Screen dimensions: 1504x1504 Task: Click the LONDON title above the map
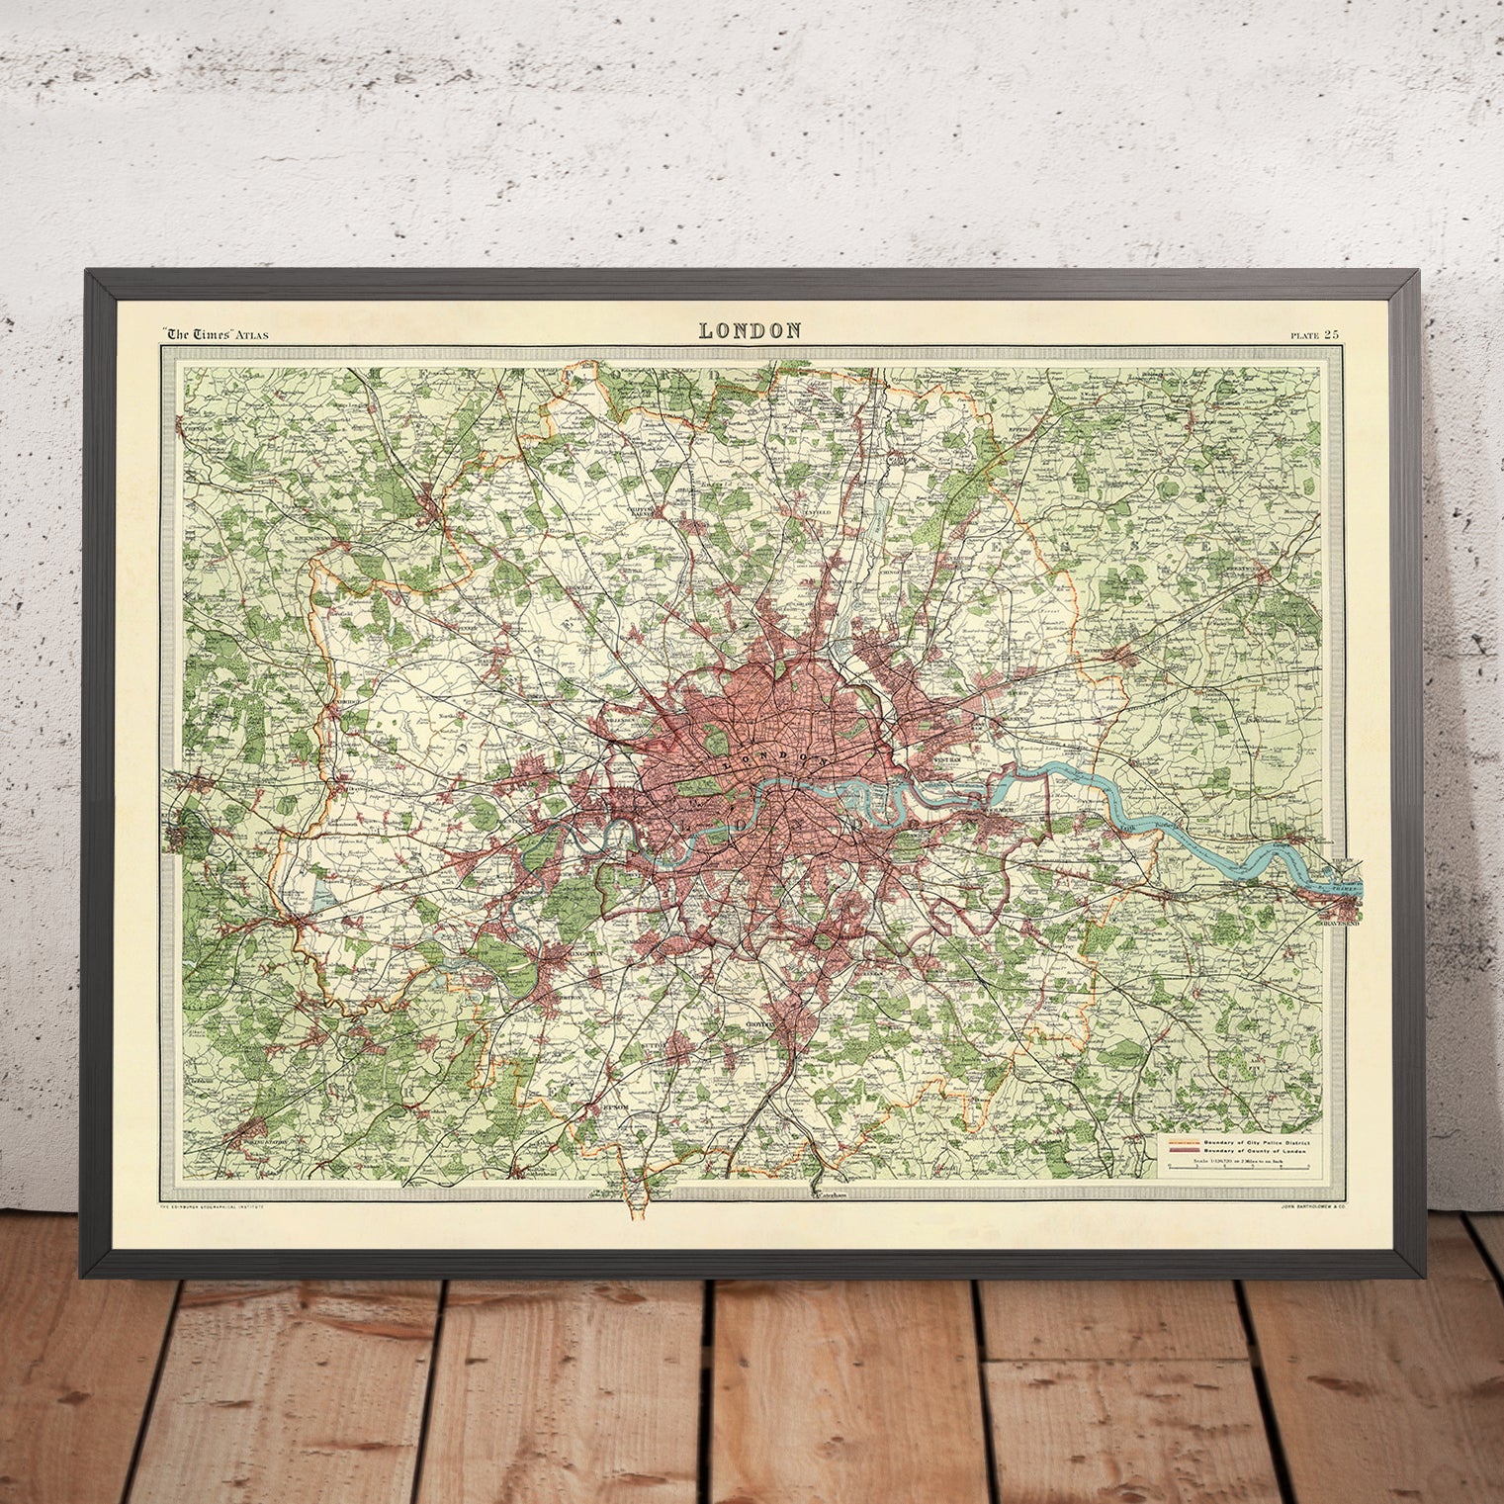point(750,331)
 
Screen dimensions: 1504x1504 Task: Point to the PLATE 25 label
point(1314,335)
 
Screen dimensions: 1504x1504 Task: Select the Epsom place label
point(615,1108)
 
